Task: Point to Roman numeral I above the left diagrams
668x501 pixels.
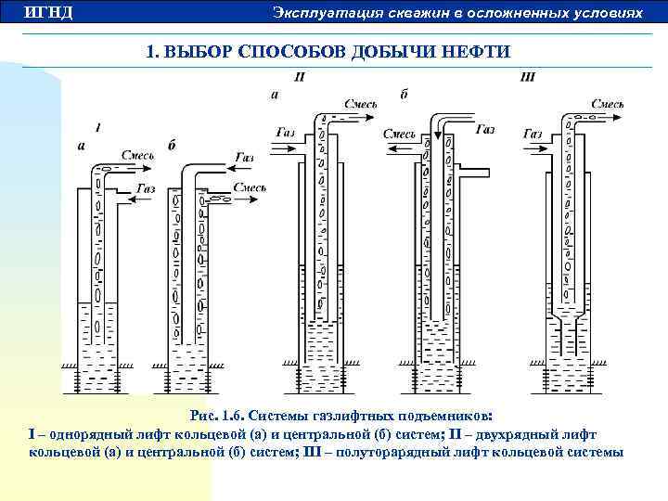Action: click(98, 126)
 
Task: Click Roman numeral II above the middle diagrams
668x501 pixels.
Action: click(299, 77)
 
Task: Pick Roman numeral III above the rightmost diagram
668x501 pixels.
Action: click(527, 77)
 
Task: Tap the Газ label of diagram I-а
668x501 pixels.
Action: click(146, 188)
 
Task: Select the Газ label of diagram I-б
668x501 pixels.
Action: click(243, 158)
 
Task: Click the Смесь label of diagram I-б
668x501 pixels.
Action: click(250, 188)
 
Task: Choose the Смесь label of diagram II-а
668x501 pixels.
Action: click(361, 105)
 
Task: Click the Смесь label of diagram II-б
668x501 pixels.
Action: click(399, 135)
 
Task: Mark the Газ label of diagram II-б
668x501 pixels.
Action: click(484, 131)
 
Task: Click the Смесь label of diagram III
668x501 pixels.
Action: click(607, 105)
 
